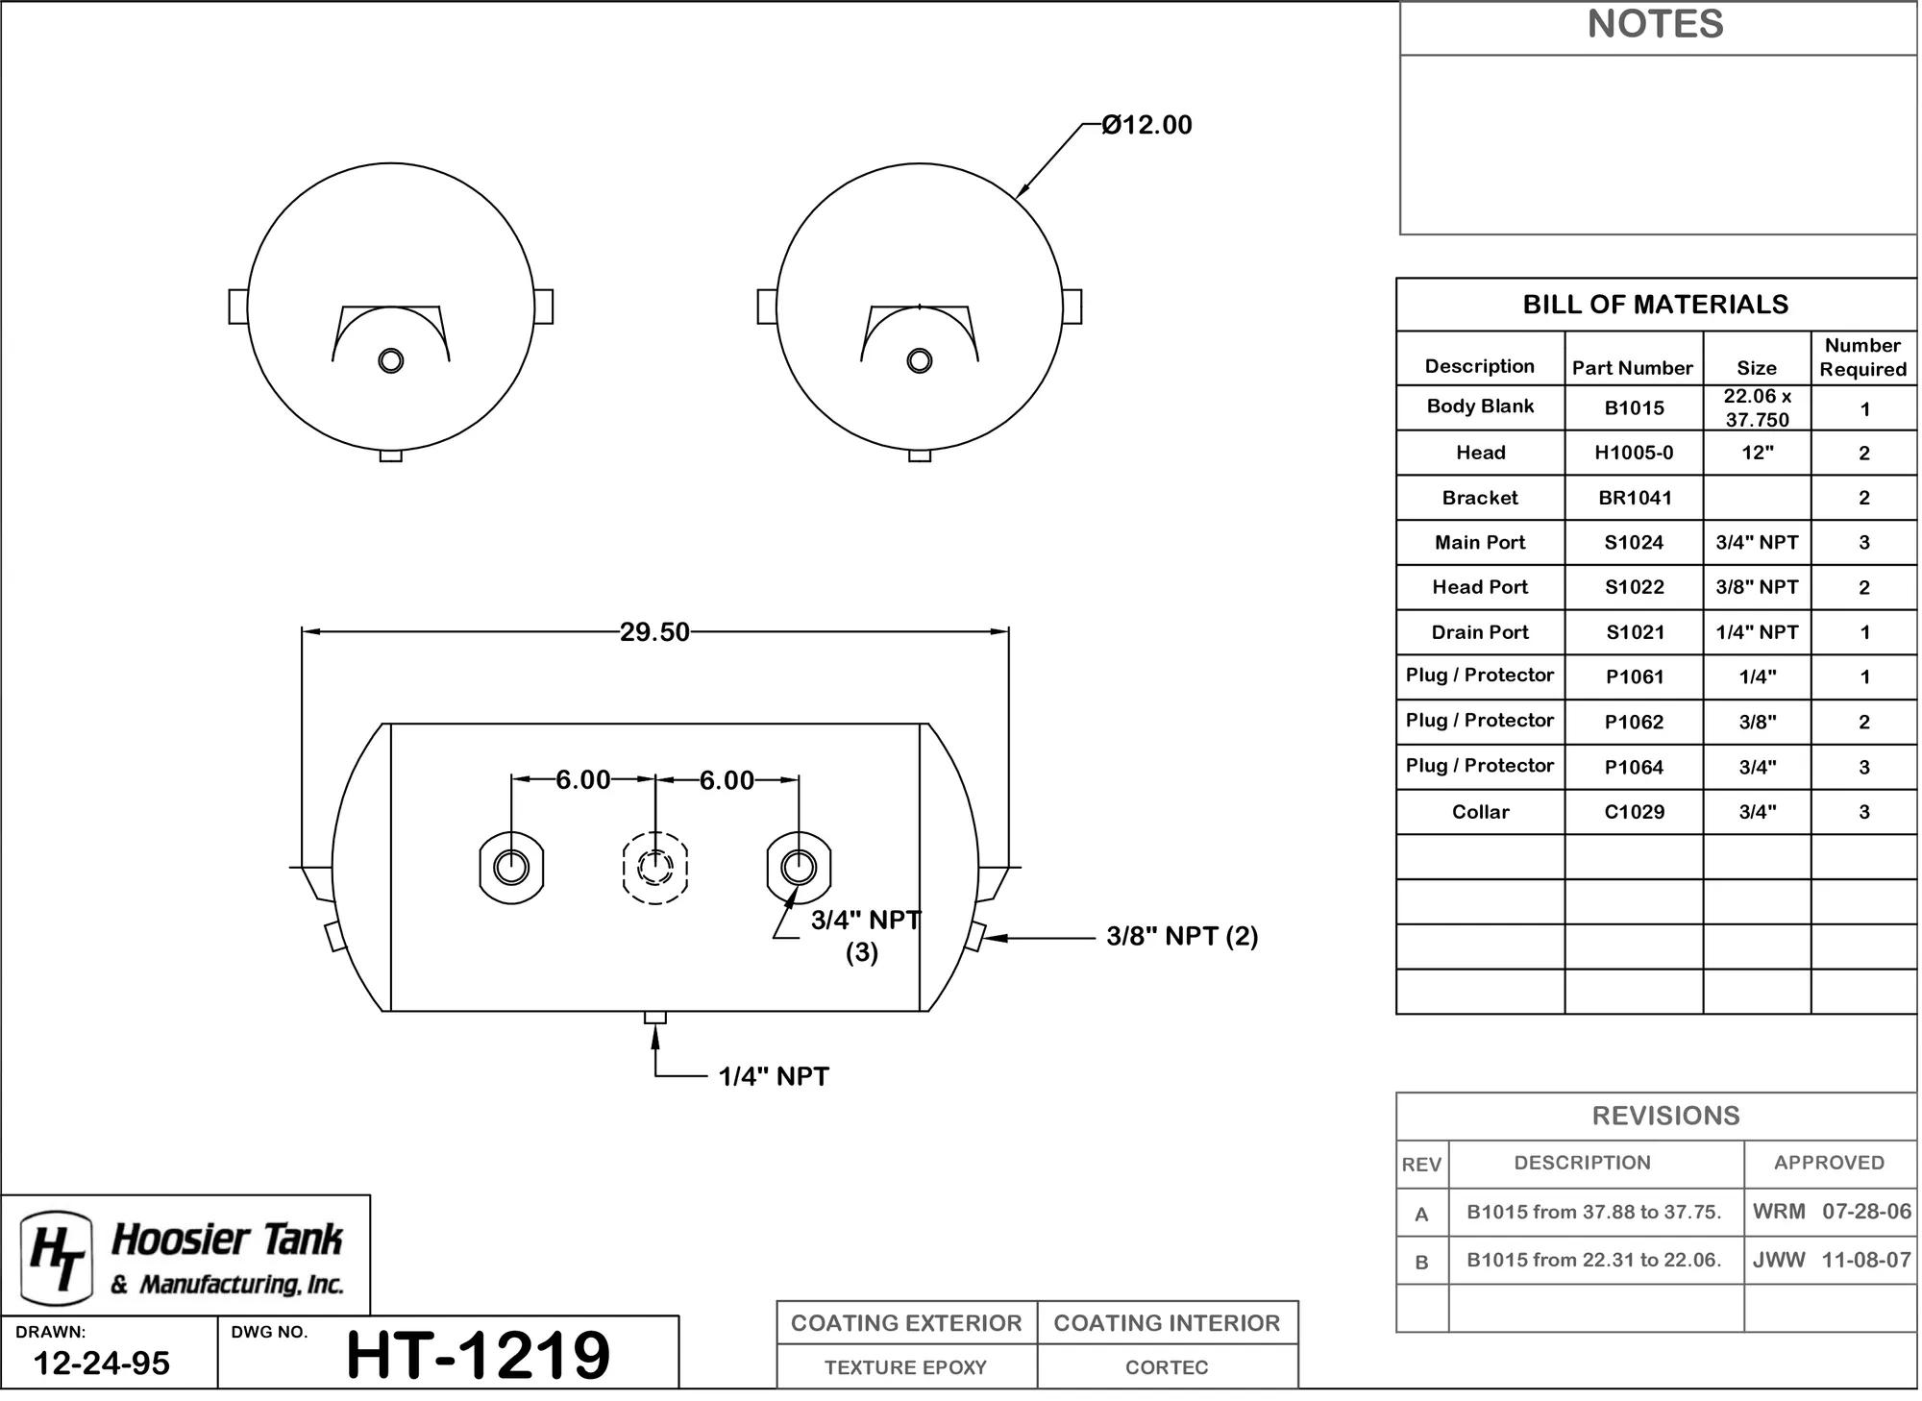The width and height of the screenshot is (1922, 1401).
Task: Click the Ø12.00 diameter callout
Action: click(1146, 125)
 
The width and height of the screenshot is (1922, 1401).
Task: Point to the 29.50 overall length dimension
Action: click(654, 632)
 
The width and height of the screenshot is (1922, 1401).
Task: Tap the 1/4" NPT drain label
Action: click(774, 1076)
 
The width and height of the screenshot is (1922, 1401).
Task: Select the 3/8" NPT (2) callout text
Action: click(1182, 936)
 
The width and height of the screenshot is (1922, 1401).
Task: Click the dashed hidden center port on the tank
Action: click(655, 868)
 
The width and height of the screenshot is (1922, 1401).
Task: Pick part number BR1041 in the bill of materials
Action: click(1635, 498)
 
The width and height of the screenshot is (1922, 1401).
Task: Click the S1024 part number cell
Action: click(1634, 543)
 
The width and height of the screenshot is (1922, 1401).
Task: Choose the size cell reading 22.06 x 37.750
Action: click(1757, 407)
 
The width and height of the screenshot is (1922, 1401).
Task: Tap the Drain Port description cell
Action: click(1480, 632)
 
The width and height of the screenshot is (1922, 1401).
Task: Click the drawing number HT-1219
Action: click(478, 1355)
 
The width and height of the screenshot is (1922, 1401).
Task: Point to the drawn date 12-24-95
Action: click(102, 1364)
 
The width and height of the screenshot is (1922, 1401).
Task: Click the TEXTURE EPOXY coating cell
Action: click(905, 1367)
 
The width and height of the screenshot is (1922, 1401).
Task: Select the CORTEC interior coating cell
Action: click(1167, 1367)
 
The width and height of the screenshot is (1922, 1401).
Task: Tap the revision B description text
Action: click(1593, 1260)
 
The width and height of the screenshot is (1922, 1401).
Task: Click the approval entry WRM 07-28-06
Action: click(1832, 1211)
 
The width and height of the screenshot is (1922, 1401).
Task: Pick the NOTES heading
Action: click(1656, 24)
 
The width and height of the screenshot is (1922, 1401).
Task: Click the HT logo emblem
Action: click(57, 1253)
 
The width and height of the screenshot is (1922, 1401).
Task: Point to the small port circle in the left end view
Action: click(391, 360)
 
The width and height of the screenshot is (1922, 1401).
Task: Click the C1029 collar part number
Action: click(1634, 812)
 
